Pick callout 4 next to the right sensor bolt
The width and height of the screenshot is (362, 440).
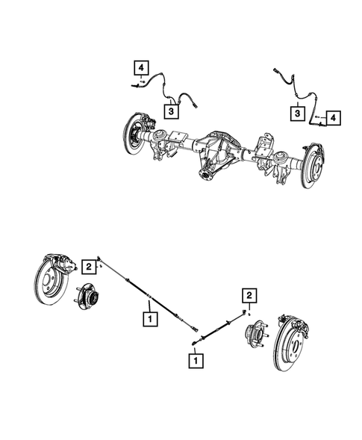point(334,118)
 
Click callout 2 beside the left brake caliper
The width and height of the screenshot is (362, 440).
point(88,265)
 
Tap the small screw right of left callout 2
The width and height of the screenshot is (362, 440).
point(99,265)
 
